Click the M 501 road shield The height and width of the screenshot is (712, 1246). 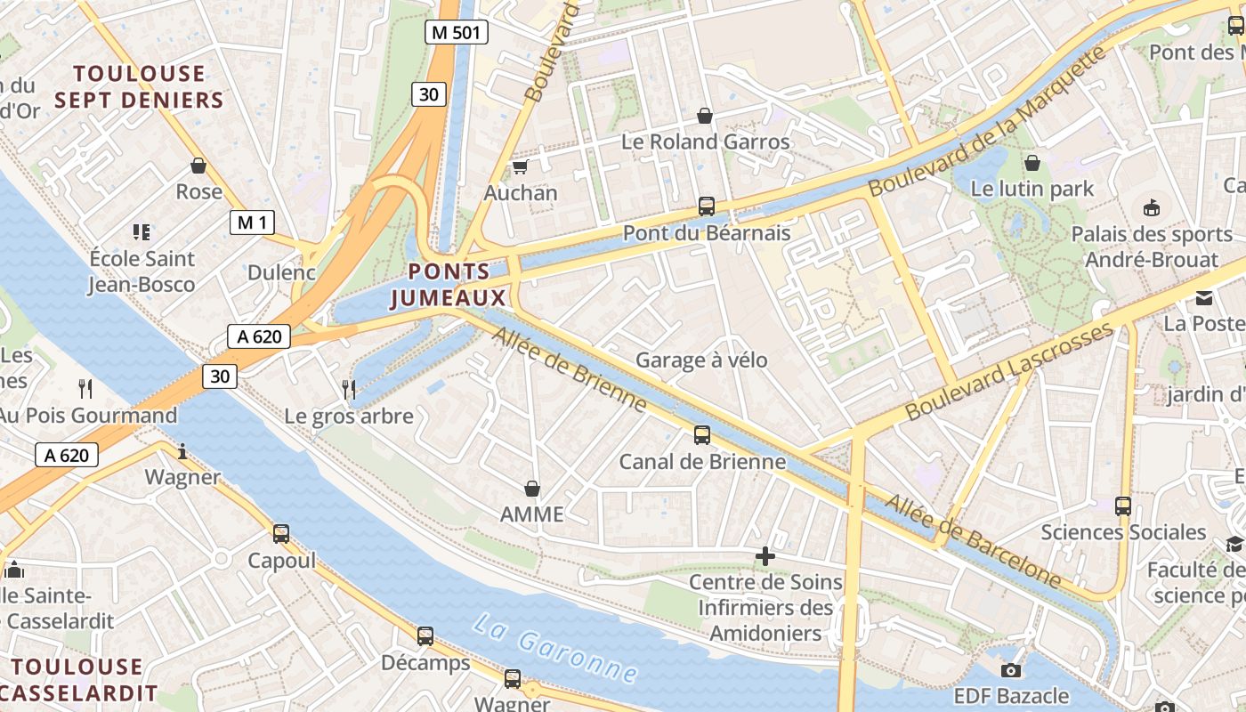[x=456, y=33]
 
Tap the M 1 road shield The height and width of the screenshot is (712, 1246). [x=252, y=222]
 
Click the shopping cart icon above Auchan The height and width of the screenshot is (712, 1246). [x=520, y=166]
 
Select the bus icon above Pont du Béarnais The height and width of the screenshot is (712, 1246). [x=707, y=206]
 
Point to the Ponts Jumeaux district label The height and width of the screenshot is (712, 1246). [x=449, y=285]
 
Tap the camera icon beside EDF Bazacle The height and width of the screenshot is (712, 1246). [x=1010, y=670]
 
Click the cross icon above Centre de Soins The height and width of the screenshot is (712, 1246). [x=765, y=557]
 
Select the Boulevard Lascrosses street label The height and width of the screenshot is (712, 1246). [x=1009, y=371]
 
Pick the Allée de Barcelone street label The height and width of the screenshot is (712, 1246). [x=974, y=542]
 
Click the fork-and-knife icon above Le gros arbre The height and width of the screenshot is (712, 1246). [x=349, y=389]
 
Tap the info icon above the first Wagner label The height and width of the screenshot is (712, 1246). [x=182, y=451]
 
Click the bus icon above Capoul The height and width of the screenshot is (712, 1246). [x=281, y=534]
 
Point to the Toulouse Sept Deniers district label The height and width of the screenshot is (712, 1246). [x=139, y=86]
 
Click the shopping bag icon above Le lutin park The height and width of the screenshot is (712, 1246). [x=1032, y=163]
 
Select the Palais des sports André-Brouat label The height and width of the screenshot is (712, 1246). [x=1151, y=247]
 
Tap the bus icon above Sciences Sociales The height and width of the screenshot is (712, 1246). [x=1123, y=506]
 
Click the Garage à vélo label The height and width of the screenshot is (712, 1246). [x=701, y=360]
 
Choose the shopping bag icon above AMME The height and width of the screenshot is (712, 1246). [x=532, y=489]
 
